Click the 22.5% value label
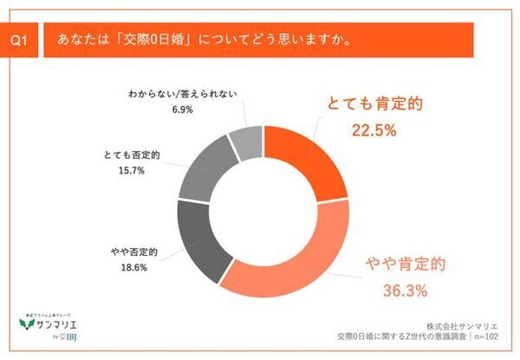(374, 131)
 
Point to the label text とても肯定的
(374, 106)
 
